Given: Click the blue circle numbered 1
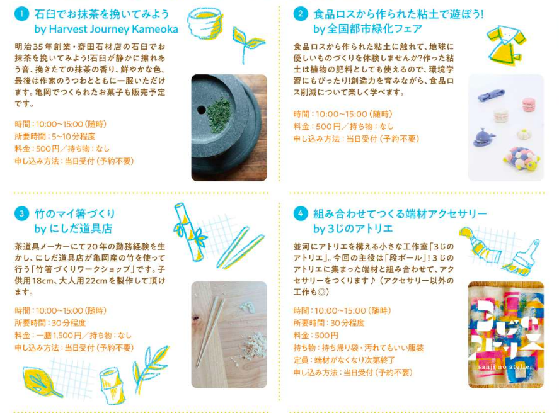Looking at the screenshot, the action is (22, 14).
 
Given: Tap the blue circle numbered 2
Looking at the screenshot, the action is (301, 14).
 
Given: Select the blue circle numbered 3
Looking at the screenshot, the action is (22, 213).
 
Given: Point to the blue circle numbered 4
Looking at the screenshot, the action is (301, 213).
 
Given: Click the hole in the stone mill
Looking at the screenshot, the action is (202, 110).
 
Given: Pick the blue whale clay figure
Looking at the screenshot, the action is (484, 137).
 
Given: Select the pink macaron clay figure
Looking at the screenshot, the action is (529, 105).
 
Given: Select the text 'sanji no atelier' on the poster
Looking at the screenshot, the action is (506, 366).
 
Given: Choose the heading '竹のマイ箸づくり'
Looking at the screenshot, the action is (75, 213).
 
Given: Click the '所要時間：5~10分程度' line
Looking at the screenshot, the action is (55, 137).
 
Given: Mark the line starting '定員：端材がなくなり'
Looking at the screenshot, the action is (344, 360).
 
